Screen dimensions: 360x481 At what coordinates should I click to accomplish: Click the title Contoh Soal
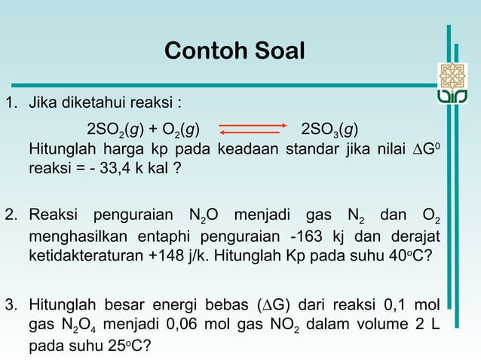(x=234, y=52)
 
